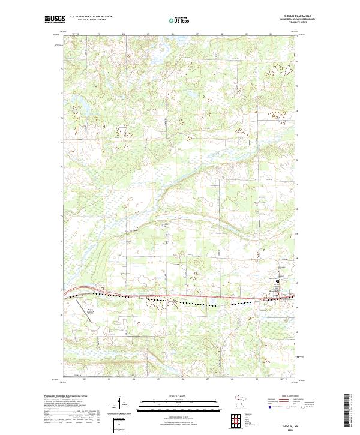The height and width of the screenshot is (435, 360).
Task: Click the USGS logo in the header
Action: click(x=55, y=19)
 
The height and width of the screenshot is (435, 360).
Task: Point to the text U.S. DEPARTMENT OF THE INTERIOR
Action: click(x=90, y=17)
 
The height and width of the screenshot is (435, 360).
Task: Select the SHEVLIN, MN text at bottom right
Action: click(x=289, y=425)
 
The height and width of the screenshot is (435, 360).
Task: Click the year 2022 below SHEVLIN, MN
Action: click(x=289, y=430)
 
